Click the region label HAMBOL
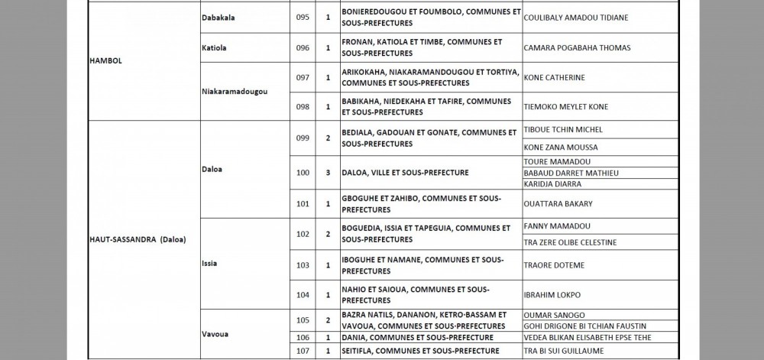click(x=104, y=60)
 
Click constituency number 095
click(x=303, y=18)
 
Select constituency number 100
click(x=303, y=173)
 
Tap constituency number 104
click(x=303, y=294)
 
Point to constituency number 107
click(x=303, y=350)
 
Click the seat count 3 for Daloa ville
click(x=328, y=173)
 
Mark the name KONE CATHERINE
click(x=554, y=77)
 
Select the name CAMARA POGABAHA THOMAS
click(x=577, y=47)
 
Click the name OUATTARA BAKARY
click(x=558, y=203)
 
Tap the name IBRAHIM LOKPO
click(x=552, y=294)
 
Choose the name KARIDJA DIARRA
click(x=553, y=184)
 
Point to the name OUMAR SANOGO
click(x=554, y=315)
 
